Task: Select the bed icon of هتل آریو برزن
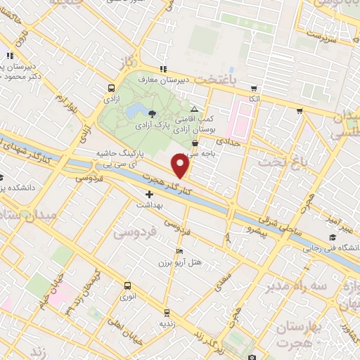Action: pos(180,251)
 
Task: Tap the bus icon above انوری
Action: pos(127,285)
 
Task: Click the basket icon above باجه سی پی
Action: pos(195,143)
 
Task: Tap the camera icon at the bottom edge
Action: pos(252,357)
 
